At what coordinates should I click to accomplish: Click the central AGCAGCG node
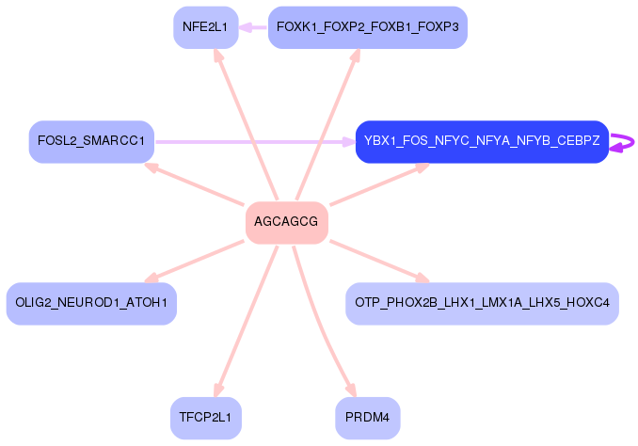click(287, 223)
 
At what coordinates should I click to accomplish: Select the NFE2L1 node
click(206, 27)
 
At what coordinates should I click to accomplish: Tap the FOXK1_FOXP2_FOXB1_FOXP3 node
click(367, 27)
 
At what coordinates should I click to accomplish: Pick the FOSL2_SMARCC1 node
click(91, 142)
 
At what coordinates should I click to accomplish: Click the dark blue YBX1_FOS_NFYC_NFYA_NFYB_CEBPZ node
click(482, 142)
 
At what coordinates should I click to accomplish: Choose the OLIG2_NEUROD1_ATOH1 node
click(91, 304)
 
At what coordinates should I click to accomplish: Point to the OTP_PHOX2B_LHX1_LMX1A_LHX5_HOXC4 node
click(482, 304)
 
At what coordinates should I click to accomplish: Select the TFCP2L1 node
click(206, 418)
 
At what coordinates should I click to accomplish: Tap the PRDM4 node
click(367, 418)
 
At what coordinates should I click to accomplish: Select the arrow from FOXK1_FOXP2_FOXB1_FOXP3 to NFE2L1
click(253, 27)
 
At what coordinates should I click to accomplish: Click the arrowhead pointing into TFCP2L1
click(218, 390)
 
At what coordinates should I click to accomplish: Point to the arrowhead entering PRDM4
click(351, 390)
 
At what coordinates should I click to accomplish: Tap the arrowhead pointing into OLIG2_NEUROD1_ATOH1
click(152, 278)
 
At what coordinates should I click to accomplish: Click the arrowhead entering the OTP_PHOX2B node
click(423, 278)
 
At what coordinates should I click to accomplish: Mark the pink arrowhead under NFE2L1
click(218, 56)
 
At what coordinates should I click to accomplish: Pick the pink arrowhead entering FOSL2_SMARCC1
click(152, 167)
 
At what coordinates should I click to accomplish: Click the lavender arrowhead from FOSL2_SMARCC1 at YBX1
click(349, 142)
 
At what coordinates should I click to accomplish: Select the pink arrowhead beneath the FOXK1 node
click(355, 56)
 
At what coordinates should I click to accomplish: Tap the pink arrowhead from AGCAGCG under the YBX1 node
click(423, 167)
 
